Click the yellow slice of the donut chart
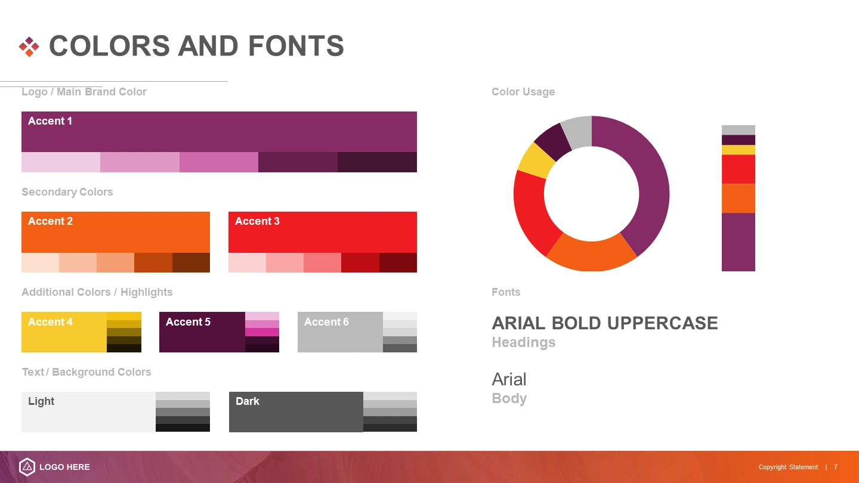coord(536,161)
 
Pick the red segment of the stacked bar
coord(739,169)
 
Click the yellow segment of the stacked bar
coord(739,150)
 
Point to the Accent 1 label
coord(50,121)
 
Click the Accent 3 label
coord(257,221)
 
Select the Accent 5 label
coord(188,322)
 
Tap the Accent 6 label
coord(326,322)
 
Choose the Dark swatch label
coord(248,401)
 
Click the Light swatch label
coord(41,401)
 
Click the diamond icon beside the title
coord(29,47)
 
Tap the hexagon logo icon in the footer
coord(27,467)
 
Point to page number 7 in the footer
coord(836,467)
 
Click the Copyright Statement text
coord(788,467)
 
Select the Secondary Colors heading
coord(67,192)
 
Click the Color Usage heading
coord(523,92)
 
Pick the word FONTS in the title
coord(296,45)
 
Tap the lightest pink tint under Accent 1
coord(61,162)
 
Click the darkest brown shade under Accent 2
coord(191,262)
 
